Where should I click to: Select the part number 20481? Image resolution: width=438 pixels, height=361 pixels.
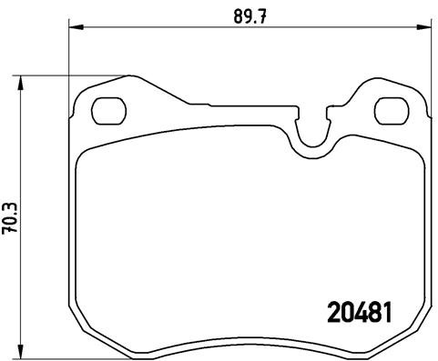(x=359, y=312)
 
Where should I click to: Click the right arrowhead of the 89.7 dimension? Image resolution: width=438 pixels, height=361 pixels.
(x=428, y=28)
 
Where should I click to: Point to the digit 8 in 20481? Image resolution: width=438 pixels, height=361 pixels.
(x=373, y=312)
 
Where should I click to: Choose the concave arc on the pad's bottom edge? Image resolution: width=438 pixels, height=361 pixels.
(x=251, y=345)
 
